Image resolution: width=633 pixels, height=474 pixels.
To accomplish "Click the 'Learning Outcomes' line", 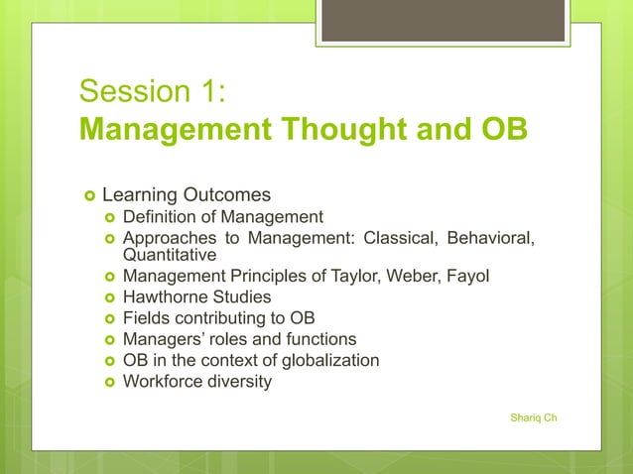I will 187,193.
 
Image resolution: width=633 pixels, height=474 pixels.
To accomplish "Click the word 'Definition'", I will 160,217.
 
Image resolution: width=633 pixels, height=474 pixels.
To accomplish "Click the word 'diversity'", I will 239,381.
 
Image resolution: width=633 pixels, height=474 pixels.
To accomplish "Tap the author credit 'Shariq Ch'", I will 533,417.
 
